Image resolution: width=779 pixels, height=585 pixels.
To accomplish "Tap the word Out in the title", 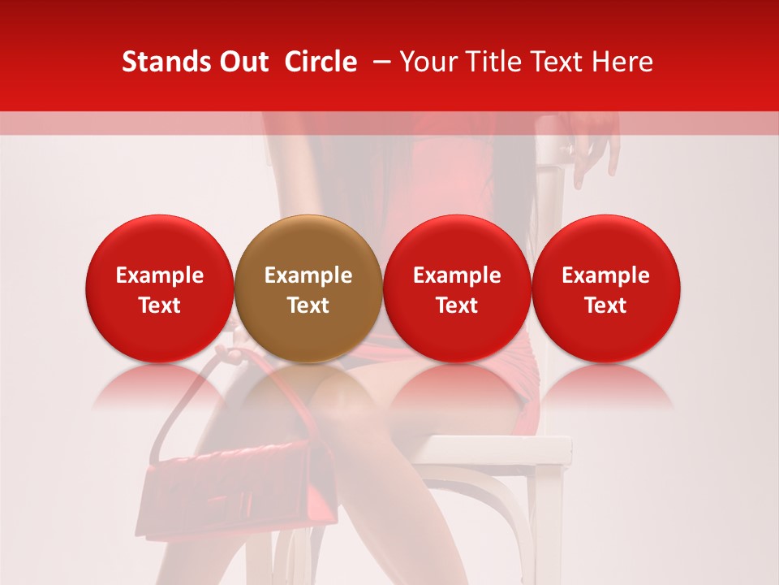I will (242, 62).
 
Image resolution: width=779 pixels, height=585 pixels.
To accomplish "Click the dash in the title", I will (379, 62).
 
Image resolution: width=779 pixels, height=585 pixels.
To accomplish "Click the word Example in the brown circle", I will (308, 275).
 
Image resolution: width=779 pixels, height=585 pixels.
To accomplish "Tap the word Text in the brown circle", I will (308, 305).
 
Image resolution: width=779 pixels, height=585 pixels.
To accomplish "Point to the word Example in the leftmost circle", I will (160, 275).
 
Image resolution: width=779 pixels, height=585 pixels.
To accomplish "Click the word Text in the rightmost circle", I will (606, 305).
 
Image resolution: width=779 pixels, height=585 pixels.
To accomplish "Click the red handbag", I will (235, 487).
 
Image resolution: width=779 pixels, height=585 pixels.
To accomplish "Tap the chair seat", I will (495, 447).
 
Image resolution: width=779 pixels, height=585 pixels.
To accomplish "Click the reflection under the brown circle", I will (308, 386).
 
